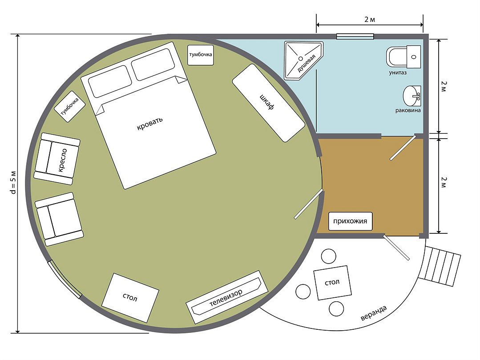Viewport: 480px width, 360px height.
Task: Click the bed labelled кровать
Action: pos(149,116)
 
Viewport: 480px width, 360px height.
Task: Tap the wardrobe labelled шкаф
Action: pos(268,103)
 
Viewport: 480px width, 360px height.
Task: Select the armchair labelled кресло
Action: pos(57,159)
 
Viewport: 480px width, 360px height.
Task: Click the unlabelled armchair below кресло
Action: pos(59,219)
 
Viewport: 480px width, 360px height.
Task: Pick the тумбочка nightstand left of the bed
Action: pos(69,106)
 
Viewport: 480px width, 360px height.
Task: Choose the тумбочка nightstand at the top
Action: pos(201,55)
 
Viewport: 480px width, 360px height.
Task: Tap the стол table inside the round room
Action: pos(130,297)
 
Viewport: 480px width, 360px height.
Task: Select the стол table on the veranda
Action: pos(332,283)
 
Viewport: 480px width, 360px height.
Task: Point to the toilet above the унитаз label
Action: pos(403,57)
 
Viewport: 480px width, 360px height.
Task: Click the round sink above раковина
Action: pos(412,96)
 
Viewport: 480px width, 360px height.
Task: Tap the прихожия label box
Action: pos(350,221)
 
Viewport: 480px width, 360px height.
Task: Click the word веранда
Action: pos(374,312)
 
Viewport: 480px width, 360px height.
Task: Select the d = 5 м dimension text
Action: pos(13,182)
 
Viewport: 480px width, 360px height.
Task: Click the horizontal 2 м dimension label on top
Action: pos(370,20)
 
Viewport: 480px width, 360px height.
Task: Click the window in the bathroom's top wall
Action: pos(355,36)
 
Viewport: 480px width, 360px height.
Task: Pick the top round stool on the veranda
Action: pos(328,256)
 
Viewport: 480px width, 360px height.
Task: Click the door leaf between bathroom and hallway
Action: pos(403,148)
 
